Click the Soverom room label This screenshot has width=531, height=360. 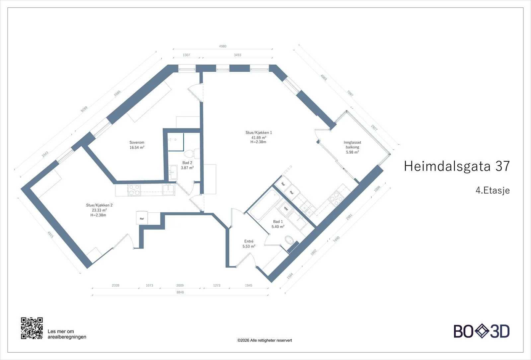click(137, 142)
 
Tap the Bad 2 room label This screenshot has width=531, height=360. click(187, 163)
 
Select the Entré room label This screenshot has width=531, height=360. click(249, 241)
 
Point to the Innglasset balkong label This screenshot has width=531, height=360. click(352, 145)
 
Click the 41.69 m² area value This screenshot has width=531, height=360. click(259, 137)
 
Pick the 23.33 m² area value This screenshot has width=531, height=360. click(99, 210)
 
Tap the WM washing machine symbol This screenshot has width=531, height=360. click(286, 209)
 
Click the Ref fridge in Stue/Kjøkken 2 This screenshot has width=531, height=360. click(142, 218)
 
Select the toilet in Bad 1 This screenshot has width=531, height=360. click(289, 240)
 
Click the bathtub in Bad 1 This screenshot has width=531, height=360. click(265, 204)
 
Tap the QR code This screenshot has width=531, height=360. click(32, 328)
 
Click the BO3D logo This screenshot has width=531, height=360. click(482, 331)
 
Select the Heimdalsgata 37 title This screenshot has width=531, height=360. click(457, 166)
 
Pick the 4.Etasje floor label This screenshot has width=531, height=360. click(493, 190)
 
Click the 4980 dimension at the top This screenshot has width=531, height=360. click(223, 46)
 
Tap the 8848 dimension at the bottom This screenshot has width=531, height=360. click(180, 292)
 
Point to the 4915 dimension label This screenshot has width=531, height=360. click(50, 234)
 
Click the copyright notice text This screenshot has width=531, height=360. click(265, 340)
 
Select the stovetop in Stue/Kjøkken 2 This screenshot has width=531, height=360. click(134, 190)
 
